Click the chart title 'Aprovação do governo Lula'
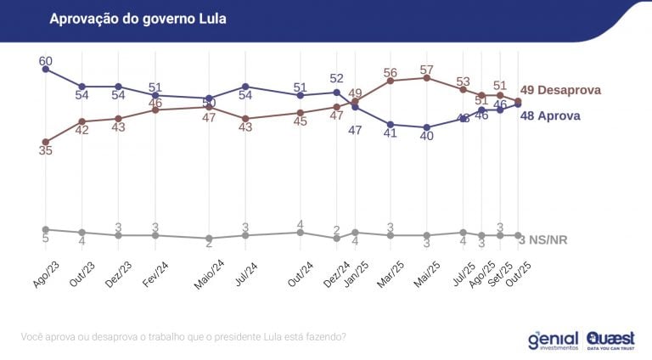138,18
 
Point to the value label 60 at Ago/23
46,60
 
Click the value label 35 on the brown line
46,150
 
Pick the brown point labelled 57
427,78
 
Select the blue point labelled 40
427,127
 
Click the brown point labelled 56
391,81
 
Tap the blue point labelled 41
391,124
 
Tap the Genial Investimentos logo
553,340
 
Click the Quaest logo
610,340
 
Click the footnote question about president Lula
183,337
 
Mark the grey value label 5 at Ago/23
46,239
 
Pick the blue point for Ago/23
46,69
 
